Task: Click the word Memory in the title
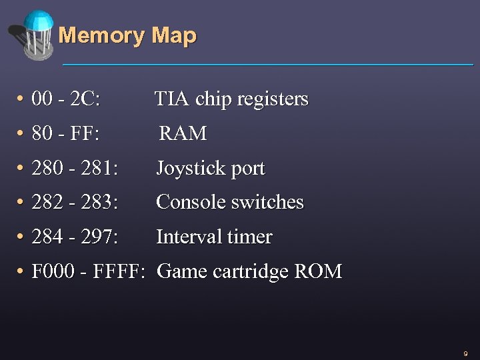tap(102, 35)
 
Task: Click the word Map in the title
tap(174, 35)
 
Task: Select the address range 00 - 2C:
tap(66, 100)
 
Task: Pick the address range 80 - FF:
tap(65, 134)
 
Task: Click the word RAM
tap(183, 134)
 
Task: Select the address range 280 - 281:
tap(75, 169)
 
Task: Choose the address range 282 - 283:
tap(75, 203)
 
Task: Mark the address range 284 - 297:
tap(75, 237)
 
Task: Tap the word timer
tap(250, 237)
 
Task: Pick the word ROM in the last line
tap(319, 272)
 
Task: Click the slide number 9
tap(465, 353)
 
